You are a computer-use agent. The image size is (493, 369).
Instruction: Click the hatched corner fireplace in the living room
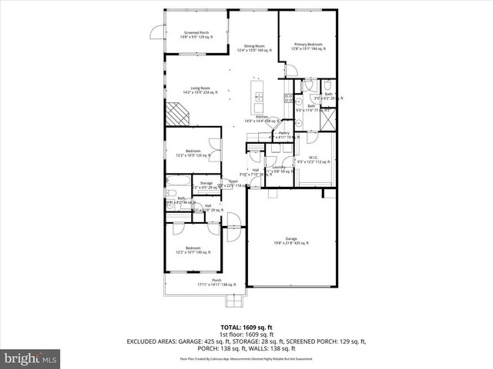[x=179, y=115]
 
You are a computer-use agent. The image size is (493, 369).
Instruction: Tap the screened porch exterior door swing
[x=156, y=32]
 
